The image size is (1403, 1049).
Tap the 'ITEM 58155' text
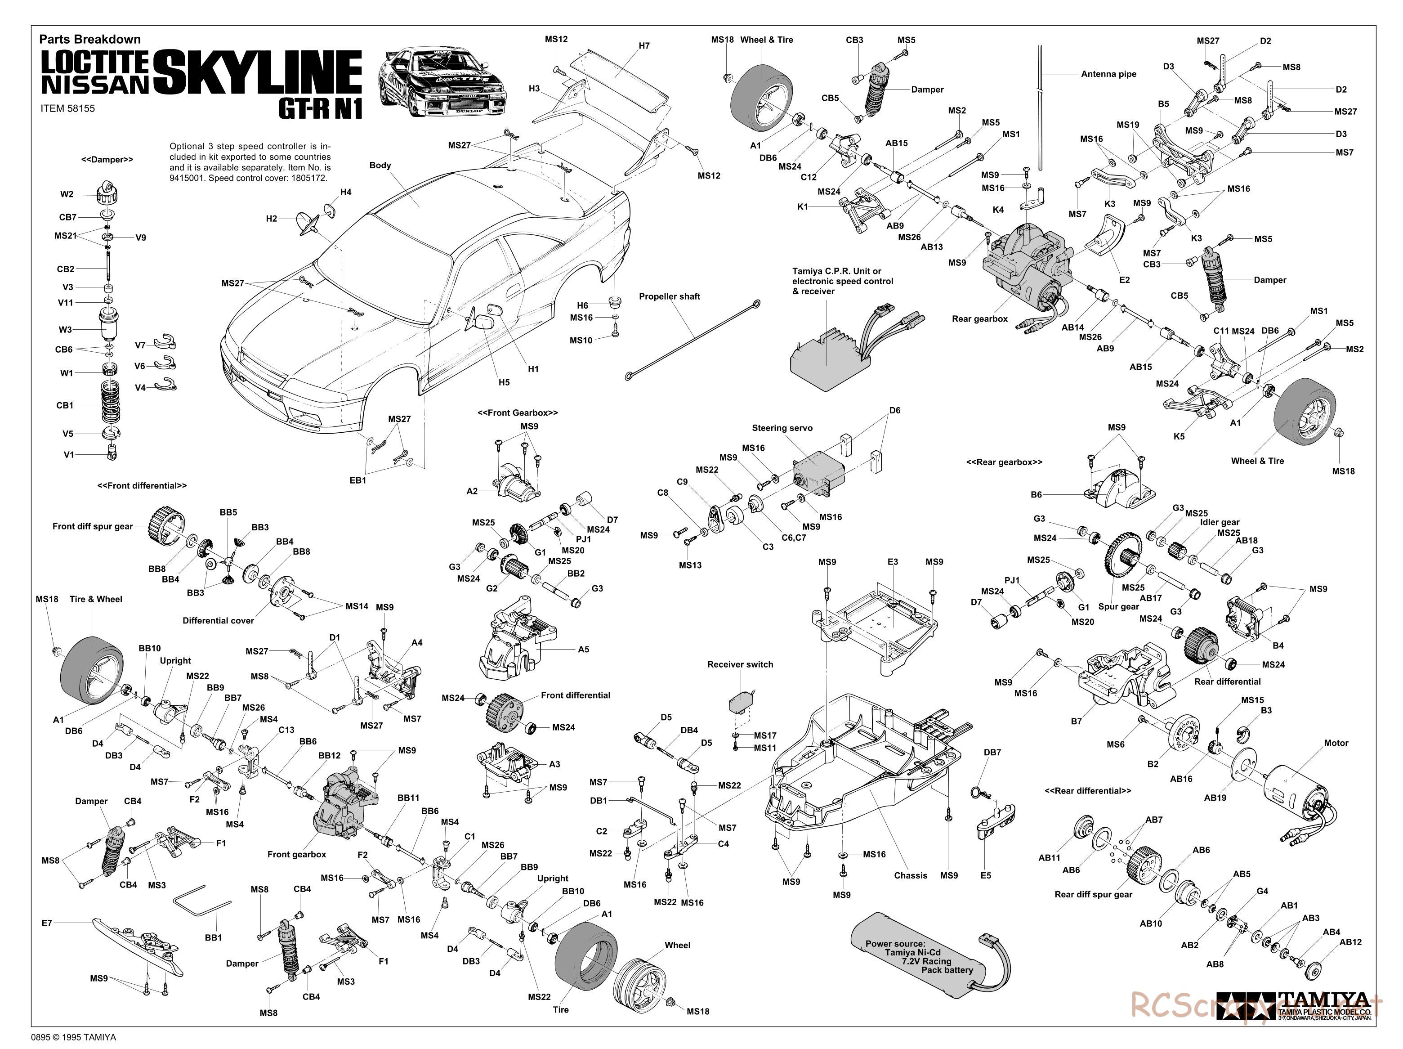[67, 108]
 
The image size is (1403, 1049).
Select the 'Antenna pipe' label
[1109, 74]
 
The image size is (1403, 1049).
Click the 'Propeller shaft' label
[669, 296]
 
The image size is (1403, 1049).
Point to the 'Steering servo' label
[782, 428]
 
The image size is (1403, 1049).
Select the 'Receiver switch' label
[740, 664]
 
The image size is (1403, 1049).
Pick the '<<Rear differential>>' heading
[1088, 791]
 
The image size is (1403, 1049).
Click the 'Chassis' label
[910, 876]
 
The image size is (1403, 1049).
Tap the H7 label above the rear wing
[644, 46]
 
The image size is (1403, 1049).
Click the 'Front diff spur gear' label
[93, 526]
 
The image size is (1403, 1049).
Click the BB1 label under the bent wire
[214, 937]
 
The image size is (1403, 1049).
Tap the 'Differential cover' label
[218, 621]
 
